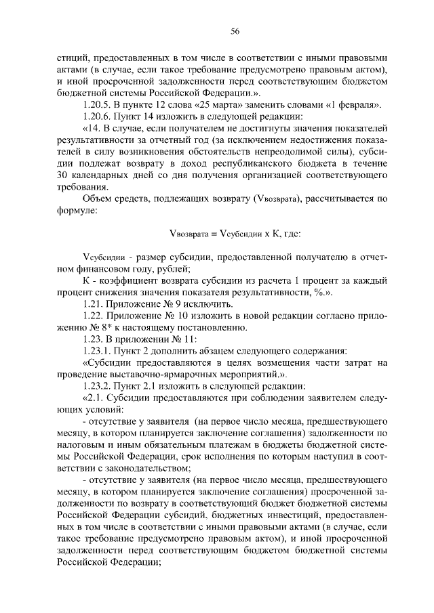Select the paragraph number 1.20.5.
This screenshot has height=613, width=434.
pos(97,104)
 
